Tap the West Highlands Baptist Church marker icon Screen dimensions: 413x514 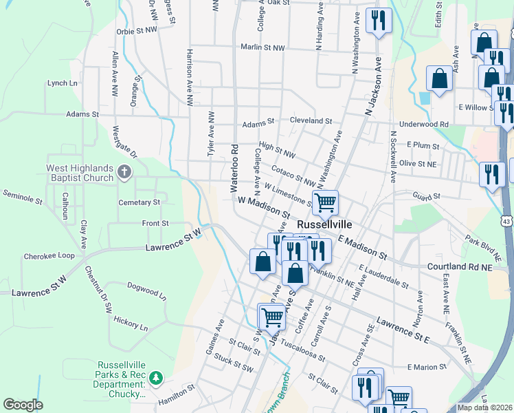pyautogui.click(x=124, y=171)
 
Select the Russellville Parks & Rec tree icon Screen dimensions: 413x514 pyautogui.click(x=157, y=377)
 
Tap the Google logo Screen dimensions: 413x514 pyautogui.click(x=23, y=405)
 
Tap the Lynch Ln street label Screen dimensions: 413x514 pyautogui.click(x=62, y=83)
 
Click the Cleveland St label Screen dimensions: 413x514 pyautogui.click(x=311, y=120)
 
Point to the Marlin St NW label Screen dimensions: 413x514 pyautogui.click(x=262, y=47)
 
